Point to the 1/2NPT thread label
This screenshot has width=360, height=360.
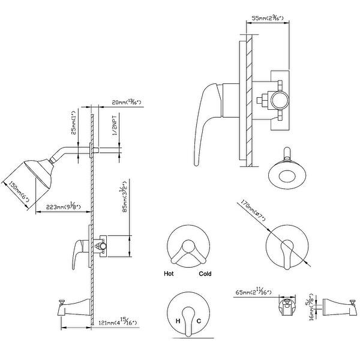pos(115,129)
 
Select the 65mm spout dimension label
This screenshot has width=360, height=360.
pos(254,292)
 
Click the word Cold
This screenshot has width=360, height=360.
pos(205,274)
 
